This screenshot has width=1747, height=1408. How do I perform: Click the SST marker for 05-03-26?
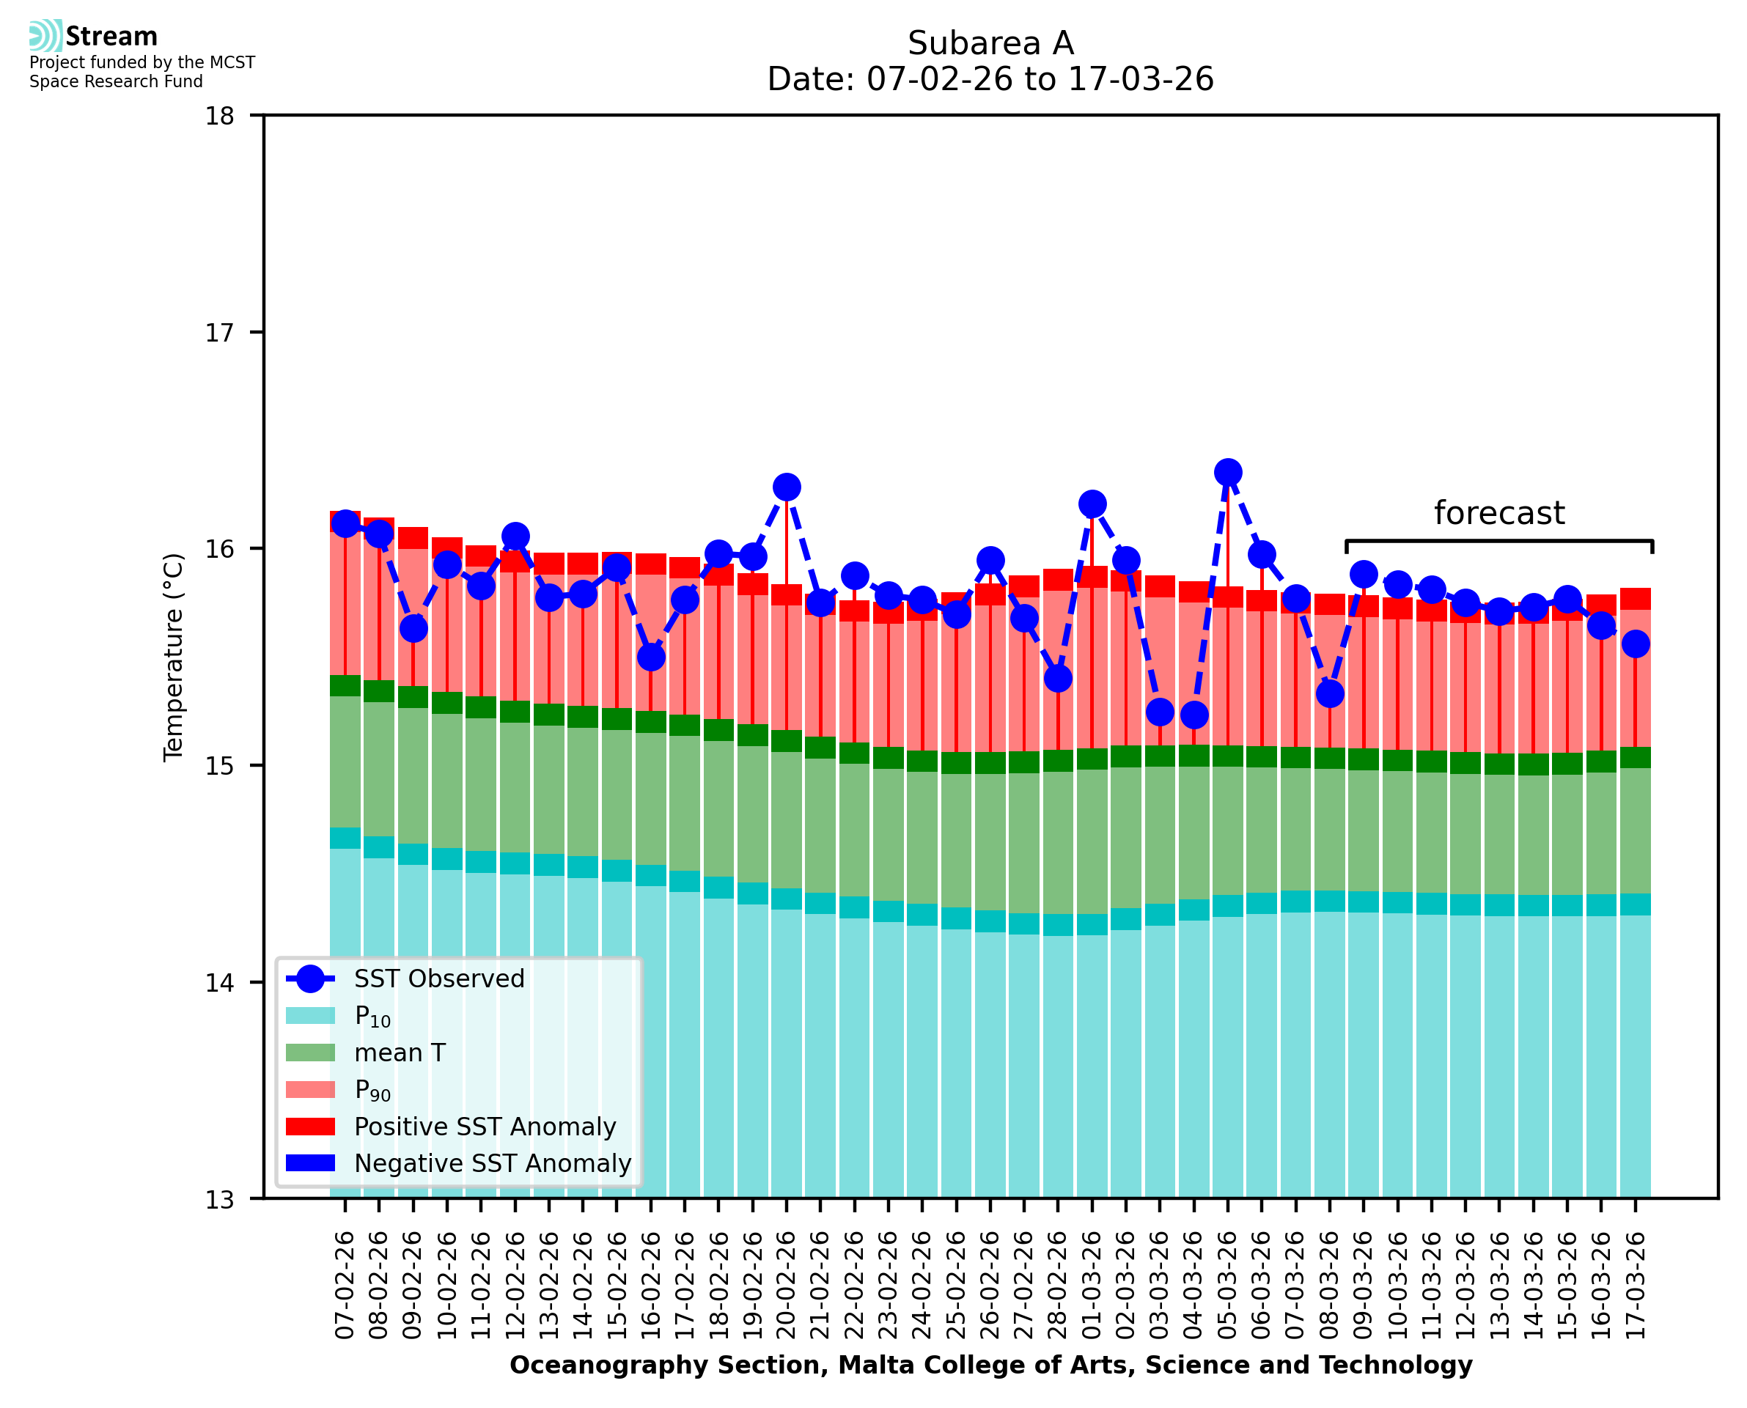pos(1227,472)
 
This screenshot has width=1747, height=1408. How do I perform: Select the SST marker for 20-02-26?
pos(786,487)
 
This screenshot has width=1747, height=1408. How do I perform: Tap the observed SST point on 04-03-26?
pos(1193,715)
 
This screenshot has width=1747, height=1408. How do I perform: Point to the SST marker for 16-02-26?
pos(650,657)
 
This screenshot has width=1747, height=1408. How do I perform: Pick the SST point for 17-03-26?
pos(1634,644)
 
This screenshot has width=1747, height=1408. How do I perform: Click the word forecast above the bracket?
pos(1498,513)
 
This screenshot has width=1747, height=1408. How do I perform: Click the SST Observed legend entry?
pos(439,979)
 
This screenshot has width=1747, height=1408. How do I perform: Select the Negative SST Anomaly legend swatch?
pos(310,1163)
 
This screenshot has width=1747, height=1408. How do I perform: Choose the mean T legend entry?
pos(400,1053)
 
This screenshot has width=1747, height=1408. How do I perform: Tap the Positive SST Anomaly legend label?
pos(485,1127)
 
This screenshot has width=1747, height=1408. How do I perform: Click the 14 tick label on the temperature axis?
pos(219,982)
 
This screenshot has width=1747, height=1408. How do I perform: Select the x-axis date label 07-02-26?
pos(345,1286)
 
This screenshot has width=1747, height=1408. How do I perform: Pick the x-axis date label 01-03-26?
pos(1092,1286)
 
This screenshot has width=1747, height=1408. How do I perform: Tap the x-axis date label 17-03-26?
pos(1634,1286)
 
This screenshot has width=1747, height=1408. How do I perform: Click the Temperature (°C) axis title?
pos(174,657)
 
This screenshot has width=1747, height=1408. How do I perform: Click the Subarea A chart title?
pos(990,43)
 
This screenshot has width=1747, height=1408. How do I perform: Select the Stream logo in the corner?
pos(93,37)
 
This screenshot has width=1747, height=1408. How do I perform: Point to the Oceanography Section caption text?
pos(990,1365)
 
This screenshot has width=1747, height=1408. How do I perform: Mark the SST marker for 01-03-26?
pos(1092,504)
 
